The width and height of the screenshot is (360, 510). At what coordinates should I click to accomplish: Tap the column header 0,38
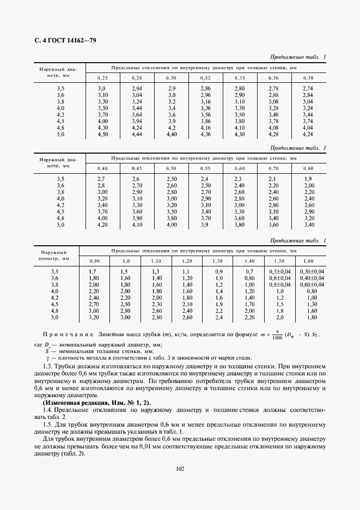click(308, 78)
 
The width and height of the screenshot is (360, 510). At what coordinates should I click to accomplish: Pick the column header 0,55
click(205, 168)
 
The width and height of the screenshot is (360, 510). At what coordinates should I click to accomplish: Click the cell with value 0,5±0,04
click(280, 271)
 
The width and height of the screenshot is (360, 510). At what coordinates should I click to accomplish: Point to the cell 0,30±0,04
click(311, 271)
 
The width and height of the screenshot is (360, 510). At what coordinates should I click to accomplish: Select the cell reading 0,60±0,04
click(311, 284)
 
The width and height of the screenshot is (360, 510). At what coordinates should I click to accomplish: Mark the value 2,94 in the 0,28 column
click(137, 88)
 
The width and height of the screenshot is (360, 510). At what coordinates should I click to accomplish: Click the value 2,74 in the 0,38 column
click(308, 88)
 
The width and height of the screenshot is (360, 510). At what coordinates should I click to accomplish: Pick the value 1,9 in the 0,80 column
click(308, 179)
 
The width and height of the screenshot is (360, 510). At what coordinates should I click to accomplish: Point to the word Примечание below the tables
click(65, 333)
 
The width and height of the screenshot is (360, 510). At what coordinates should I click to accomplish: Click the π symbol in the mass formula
click(292, 330)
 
